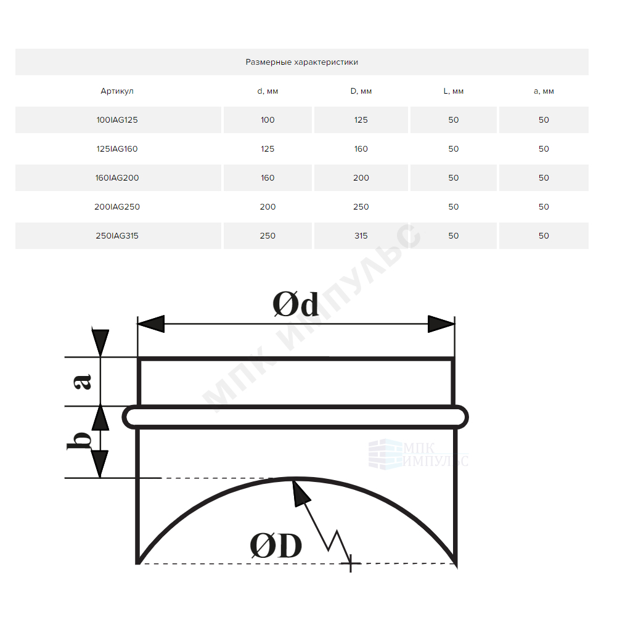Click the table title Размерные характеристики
(x=301, y=62)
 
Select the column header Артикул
(x=117, y=91)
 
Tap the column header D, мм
(x=361, y=91)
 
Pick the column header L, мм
(x=454, y=91)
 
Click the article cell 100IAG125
(x=117, y=120)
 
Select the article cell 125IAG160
(x=117, y=149)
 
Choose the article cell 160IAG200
(x=117, y=178)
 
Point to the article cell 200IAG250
(x=117, y=206)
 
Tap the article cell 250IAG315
(x=117, y=236)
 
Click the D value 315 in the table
(x=361, y=236)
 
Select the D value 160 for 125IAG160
(x=361, y=149)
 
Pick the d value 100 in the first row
(x=267, y=120)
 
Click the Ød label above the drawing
(x=295, y=304)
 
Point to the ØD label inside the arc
(x=276, y=545)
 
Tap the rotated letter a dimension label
(x=83, y=382)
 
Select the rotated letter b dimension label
(x=79, y=441)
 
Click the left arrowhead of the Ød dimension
(x=150, y=324)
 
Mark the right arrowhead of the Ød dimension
(x=441, y=324)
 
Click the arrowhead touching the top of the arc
(x=300, y=492)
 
